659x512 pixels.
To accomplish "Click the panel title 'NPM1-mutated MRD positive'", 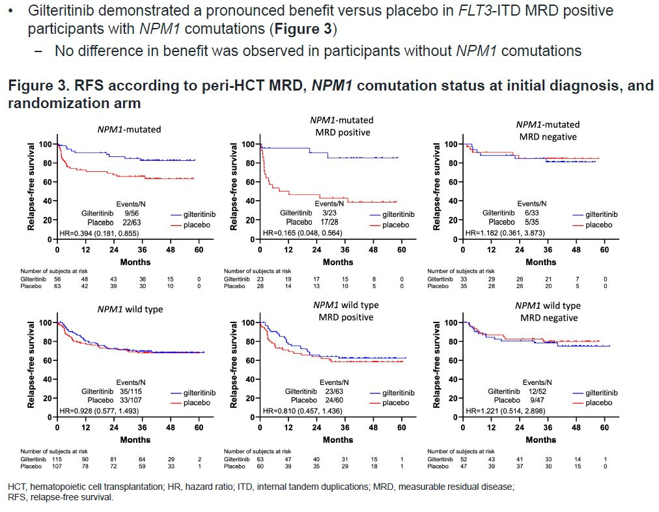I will point(341,126).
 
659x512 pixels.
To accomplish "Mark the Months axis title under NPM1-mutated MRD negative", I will point(540,262).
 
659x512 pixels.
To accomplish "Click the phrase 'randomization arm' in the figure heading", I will point(74,104).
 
